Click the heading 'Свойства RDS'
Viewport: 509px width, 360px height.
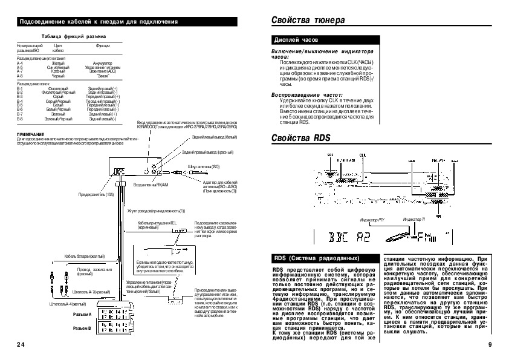point(301,137)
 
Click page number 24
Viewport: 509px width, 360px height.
point(21,344)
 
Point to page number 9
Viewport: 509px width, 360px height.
point(490,344)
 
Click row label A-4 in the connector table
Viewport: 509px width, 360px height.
point(19,62)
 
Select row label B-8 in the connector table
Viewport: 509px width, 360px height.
point(19,119)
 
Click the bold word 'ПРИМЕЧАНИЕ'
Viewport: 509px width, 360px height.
point(30,134)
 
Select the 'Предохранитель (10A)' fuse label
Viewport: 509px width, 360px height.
point(96,195)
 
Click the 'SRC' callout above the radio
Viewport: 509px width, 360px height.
point(330,155)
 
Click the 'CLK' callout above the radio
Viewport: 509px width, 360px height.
point(363,155)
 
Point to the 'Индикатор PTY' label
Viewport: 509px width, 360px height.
point(372,219)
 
